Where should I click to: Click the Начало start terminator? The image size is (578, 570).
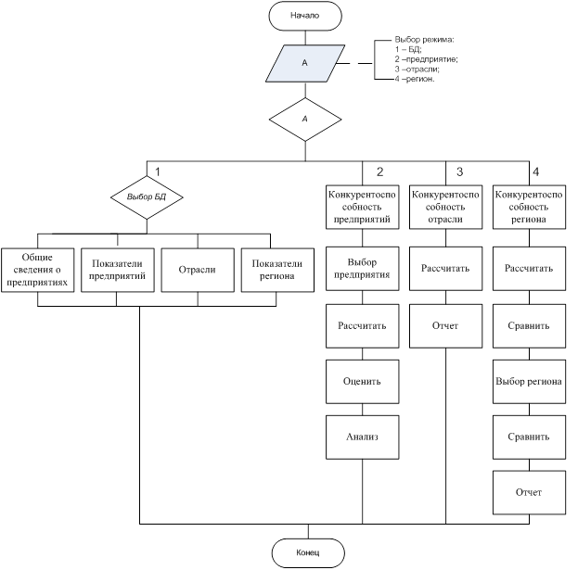303,16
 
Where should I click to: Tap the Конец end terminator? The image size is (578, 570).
307,553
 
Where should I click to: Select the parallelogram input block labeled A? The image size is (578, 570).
304,64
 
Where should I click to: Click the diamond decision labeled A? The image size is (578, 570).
304,119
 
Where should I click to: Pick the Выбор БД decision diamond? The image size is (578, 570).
146,197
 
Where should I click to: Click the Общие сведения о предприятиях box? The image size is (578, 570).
37,270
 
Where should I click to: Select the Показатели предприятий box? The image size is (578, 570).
118,270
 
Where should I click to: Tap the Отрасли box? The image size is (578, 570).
197,270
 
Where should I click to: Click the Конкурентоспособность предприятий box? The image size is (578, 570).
364,208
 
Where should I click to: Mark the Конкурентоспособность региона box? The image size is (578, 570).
528,208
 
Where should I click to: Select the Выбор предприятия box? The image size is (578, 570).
364,269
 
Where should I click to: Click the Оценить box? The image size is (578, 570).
364,381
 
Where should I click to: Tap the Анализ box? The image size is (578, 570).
364,436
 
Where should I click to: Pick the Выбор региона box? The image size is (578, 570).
528,381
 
